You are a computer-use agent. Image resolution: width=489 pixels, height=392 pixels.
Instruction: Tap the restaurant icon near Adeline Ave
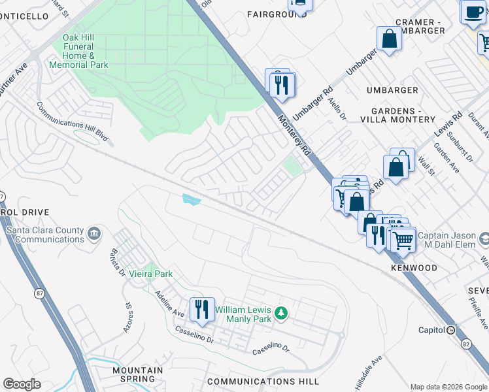point(201,309)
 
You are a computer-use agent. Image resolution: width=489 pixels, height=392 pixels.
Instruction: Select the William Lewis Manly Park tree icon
point(281,314)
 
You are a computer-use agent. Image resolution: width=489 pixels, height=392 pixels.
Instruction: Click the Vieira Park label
point(150,274)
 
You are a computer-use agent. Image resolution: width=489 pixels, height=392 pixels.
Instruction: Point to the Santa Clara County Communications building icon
point(94,233)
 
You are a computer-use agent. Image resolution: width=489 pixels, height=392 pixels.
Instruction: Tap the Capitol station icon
point(450,331)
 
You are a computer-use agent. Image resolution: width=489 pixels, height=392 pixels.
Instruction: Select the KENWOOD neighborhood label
point(414,269)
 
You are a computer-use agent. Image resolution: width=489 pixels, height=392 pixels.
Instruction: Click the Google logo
point(22,384)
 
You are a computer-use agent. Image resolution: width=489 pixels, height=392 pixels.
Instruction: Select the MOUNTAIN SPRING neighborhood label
point(137,374)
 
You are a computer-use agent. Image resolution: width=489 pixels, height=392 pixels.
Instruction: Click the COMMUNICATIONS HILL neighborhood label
point(263,381)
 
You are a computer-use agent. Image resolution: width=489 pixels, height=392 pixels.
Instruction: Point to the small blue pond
point(192,199)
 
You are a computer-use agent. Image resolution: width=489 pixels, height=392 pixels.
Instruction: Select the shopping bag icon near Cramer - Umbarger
point(389,39)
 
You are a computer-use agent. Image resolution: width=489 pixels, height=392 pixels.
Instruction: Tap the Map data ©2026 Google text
point(448,386)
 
